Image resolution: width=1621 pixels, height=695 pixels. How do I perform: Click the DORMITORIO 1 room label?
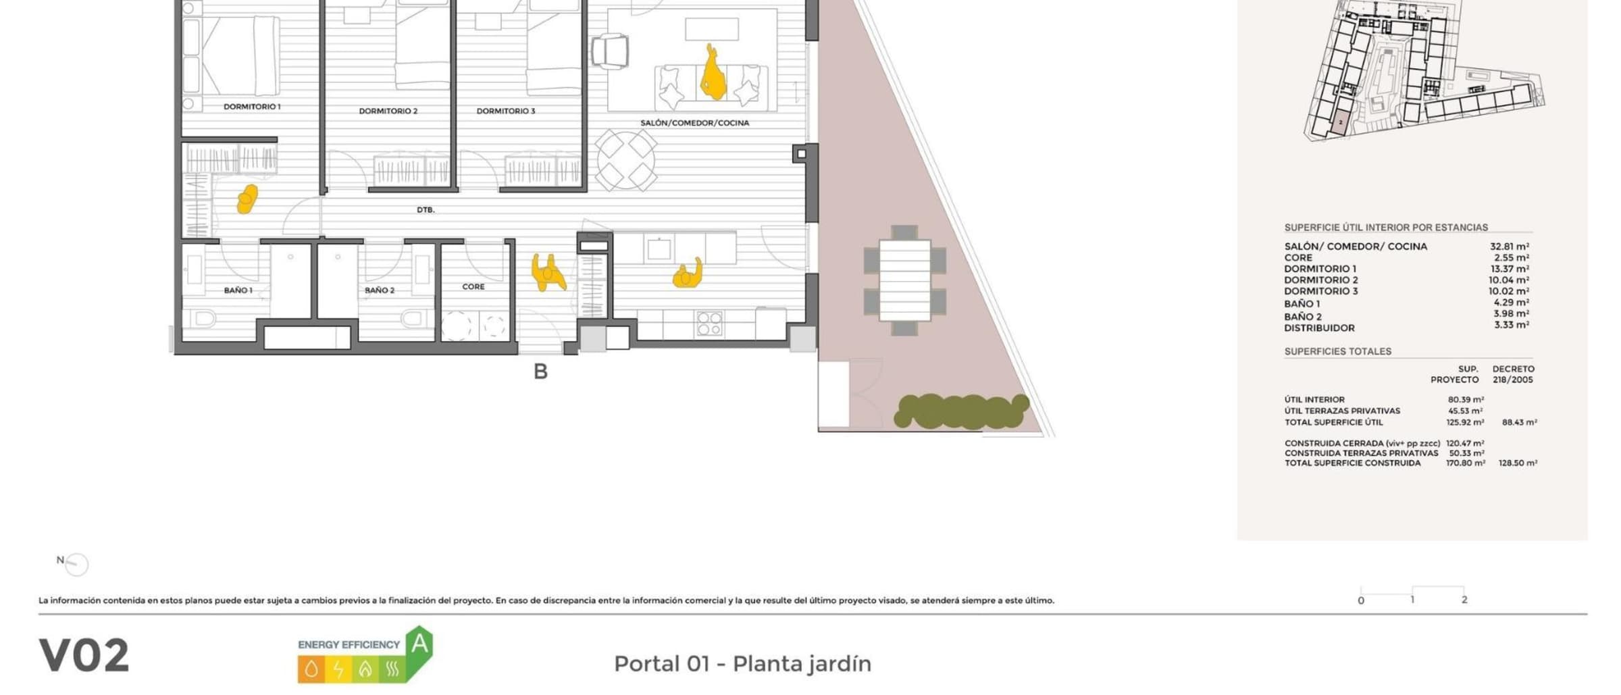coord(252,107)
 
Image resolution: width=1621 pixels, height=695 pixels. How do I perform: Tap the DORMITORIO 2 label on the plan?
coord(388,111)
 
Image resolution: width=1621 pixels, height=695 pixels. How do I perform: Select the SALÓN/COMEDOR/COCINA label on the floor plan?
coord(694,123)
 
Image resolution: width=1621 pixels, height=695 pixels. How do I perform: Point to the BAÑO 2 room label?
coord(380,290)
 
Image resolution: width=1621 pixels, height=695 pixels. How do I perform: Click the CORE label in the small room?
coord(473,287)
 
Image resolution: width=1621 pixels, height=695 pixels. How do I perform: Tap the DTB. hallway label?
coord(426,210)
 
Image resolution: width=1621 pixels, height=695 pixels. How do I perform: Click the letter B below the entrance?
coord(540,371)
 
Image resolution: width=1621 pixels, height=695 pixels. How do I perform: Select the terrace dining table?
coord(905,280)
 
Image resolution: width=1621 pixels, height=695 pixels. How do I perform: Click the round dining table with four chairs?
coord(625,161)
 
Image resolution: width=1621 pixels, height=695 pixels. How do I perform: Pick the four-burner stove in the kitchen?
coord(709,324)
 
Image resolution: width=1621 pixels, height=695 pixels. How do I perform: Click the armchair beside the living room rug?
coord(610,51)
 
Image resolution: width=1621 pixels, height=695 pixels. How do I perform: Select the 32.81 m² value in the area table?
coord(1510,247)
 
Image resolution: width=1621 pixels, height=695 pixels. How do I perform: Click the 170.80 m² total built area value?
coord(1465,463)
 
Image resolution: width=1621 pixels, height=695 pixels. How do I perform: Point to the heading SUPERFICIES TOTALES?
coord(1337,351)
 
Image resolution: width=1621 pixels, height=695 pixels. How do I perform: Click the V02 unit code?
coord(84,656)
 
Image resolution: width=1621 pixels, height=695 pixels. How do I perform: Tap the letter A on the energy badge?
coord(419,644)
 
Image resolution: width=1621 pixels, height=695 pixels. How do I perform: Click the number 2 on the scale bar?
coord(1464,600)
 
